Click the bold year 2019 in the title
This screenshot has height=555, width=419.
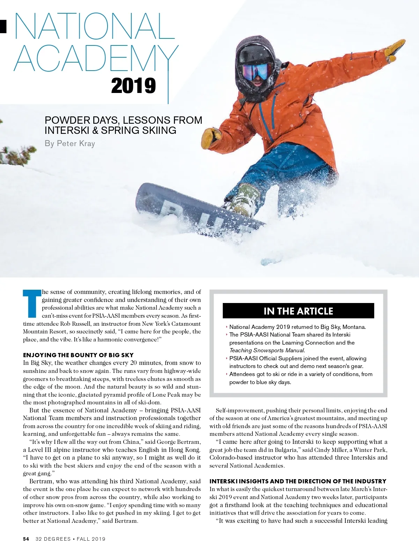click(x=133, y=86)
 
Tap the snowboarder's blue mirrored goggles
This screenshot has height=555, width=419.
click(x=257, y=71)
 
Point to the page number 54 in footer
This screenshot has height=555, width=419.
click(x=26, y=539)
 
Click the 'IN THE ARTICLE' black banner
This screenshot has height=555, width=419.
click(x=298, y=311)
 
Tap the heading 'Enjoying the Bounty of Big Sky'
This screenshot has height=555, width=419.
click(x=78, y=355)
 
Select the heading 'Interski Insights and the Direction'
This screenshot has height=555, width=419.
click(x=298, y=481)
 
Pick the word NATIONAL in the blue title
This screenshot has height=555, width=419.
click(x=94, y=27)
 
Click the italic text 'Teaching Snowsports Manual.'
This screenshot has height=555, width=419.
click(x=267, y=350)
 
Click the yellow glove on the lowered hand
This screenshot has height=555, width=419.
click(x=212, y=136)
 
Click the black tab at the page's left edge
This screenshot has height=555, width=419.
click(x=3, y=27)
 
